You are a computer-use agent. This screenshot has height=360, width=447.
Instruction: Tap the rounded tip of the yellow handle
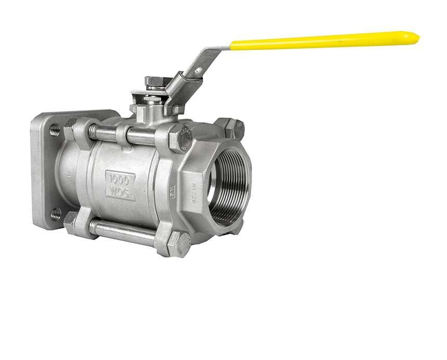414,36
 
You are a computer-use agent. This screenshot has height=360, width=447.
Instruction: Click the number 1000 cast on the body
121,178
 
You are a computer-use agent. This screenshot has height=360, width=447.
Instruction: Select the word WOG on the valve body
121,191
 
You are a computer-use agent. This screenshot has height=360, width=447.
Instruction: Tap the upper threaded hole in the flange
54,130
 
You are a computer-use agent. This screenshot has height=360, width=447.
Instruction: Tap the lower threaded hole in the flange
55,213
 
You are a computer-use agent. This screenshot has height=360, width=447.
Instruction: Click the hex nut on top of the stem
157,82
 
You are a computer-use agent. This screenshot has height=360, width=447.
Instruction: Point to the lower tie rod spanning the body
125,231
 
